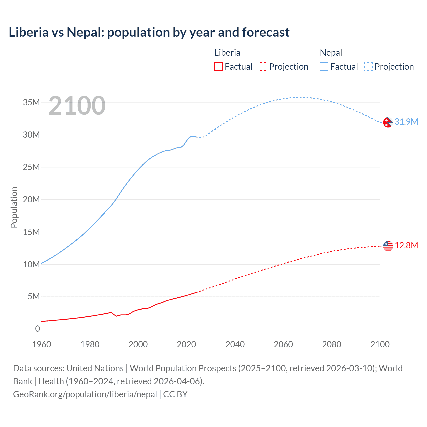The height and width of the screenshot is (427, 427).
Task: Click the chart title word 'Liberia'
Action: coord(29,32)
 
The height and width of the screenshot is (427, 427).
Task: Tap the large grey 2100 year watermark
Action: coord(77,106)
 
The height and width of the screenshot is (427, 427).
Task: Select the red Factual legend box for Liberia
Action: coord(218,67)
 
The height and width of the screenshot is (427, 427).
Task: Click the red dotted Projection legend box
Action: coord(263,67)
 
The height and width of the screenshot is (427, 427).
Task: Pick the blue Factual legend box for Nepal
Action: coord(324,67)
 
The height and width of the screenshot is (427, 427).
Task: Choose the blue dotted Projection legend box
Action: coord(369,67)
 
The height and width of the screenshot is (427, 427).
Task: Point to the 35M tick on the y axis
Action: coord(31,102)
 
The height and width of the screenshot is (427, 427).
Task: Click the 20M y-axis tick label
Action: coord(31,199)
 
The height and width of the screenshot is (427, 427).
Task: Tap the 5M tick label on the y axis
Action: coord(34,296)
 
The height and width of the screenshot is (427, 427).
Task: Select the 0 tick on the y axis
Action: coord(38,329)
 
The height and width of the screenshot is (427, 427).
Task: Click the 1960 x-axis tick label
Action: coord(42,344)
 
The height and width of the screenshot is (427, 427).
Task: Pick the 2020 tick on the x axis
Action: coord(186,344)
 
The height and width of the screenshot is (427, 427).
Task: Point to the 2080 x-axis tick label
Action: coord(332,344)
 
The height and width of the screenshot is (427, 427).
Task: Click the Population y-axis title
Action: coord(14,207)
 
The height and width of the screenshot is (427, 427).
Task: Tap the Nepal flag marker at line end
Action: coord(388,122)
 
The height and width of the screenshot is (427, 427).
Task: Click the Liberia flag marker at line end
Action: coord(388,246)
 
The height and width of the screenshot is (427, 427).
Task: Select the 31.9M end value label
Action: coord(406,122)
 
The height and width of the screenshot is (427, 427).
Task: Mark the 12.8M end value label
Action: coord(406,245)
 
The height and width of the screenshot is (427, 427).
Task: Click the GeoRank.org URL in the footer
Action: coord(85,394)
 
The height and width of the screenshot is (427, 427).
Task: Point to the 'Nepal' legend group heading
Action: coord(331,53)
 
